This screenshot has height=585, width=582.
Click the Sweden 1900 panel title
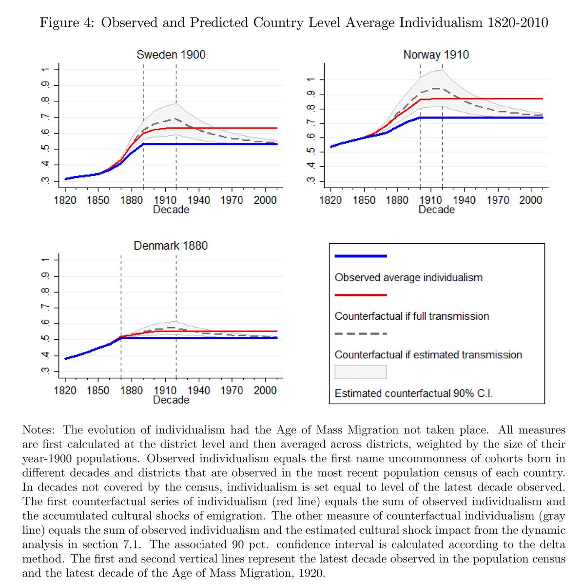click(171, 55)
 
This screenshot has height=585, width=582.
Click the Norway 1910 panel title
click(436, 55)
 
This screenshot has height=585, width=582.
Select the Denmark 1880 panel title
click(171, 245)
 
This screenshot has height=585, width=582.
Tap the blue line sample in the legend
click(361, 256)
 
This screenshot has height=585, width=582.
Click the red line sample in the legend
click(361, 295)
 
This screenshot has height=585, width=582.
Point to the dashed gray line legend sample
click(361, 334)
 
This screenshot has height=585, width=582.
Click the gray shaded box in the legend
click(361, 372)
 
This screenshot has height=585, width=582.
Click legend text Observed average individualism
click(408, 277)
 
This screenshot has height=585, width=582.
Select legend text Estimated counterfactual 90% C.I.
click(413, 393)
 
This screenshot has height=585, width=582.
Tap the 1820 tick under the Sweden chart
click(65, 200)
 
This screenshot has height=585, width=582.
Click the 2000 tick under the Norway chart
click(530, 200)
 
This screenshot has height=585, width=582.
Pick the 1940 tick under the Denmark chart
click(198, 390)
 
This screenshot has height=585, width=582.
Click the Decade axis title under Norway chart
click(436, 210)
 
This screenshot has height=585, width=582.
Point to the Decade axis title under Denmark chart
click(171, 400)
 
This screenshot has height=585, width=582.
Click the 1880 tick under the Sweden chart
click(132, 200)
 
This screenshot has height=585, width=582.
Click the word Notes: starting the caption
click(39, 430)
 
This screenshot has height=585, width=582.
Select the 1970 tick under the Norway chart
click(497, 200)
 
